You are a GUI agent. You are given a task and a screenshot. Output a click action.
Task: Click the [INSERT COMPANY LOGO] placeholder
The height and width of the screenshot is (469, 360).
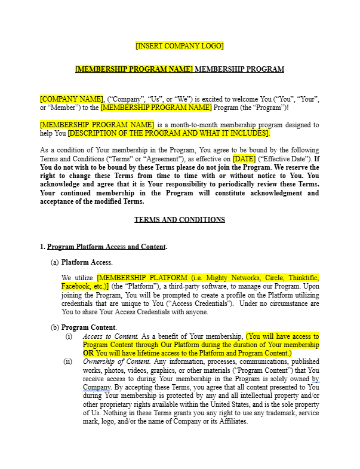[180, 45]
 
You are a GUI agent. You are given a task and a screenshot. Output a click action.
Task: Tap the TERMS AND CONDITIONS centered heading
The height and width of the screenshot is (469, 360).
[180, 220]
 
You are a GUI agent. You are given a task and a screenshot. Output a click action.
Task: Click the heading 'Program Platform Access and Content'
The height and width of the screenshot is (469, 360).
[107, 247]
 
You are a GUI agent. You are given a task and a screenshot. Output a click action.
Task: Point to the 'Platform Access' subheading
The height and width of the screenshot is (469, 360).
[87, 262]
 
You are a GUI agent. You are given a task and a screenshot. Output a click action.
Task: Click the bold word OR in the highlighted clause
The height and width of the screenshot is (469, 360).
[88, 353]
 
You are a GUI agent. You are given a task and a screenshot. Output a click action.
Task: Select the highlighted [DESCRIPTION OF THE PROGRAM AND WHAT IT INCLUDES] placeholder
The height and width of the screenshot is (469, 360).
[169, 133]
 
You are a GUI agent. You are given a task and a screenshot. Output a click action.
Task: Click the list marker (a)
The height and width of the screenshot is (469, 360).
[55, 262]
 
